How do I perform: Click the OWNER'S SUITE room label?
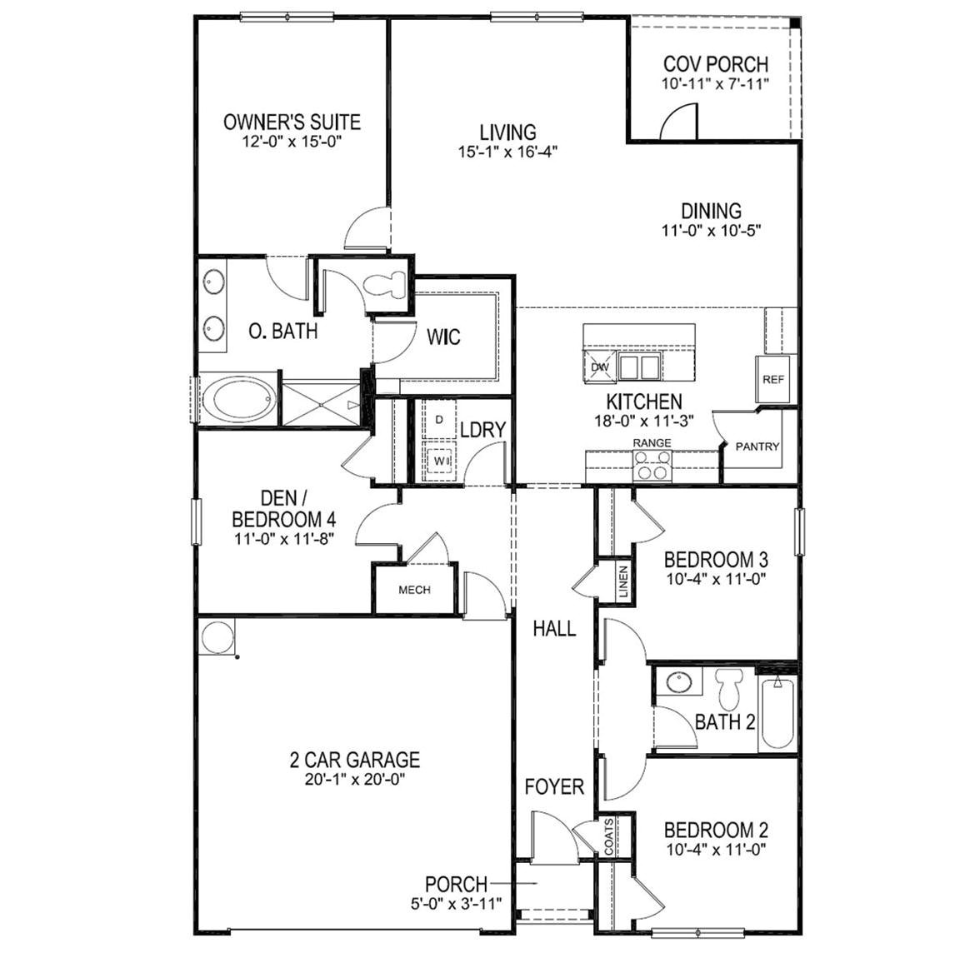tap(292, 122)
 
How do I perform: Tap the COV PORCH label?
tap(715, 64)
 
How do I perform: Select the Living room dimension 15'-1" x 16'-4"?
tap(507, 151)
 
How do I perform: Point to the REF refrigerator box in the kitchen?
tap(772, 379)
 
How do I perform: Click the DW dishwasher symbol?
tap(599, 367)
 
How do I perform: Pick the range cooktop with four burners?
tap(652, 466)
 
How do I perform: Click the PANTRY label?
tap(757, 447)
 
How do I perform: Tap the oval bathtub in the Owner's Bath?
tap(241, 401)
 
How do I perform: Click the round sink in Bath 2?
tap(682, 683)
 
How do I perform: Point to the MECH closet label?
tap(414, 590)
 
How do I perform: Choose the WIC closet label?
tap(443, 337)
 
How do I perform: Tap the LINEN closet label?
tap(623, 582)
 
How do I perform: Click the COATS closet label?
tap(609, 836)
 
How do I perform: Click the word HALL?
tap(554, 628)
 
